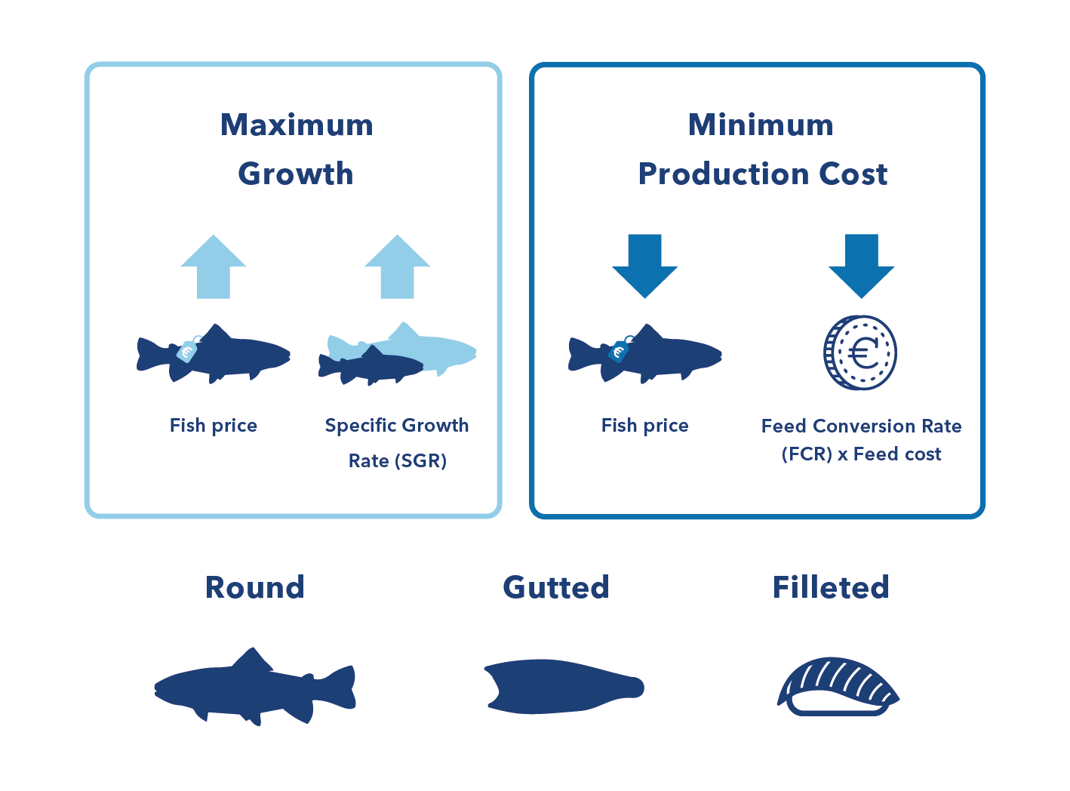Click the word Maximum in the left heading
pyautogui.click(x=297, y=125)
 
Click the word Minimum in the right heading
pyautogui.click(x=761, y=125)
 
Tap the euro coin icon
pyautogui.click(x=860, y=352)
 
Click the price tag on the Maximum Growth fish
pyautogui.click(x=187, y=350)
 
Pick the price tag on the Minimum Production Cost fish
pyautogui.click(x=619, y=350)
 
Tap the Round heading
pyautogui.click(x=255, y=587)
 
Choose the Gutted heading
pyautogui.click(x=556, y=587)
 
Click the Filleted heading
pyautogui.click(x=831, y=587)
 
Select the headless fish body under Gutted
pyautogui.click(x=562, y=687)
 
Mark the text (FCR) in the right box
pyautogui.click(x=807, y=454)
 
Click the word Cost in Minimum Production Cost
pyautogui.click(x=853, y=174)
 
